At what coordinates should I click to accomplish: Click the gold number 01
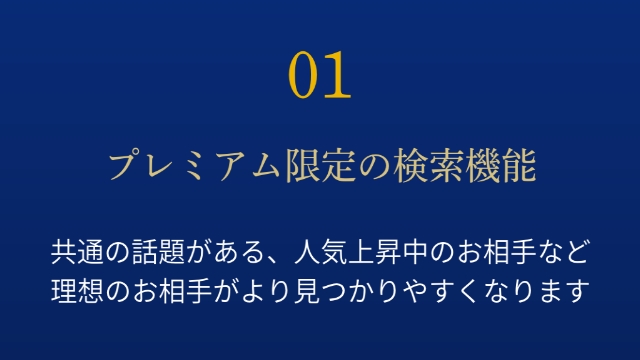[x=320, y=76]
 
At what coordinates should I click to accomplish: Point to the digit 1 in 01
[x=338, y=76]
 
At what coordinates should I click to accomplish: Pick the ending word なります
[x=537, y=291]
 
